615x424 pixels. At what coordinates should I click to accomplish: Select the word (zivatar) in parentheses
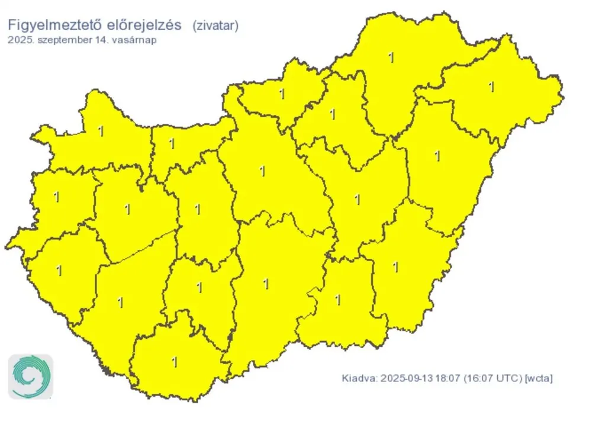point(215,25)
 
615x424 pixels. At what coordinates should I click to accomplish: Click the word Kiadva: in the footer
point(359,378)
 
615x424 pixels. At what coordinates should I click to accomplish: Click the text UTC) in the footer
point(510,378)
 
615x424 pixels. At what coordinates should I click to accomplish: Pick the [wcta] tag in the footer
point(539,378)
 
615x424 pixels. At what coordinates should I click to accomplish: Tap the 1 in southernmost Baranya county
point(175,362)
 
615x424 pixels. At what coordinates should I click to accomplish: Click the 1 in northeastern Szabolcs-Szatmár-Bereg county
point(491,87)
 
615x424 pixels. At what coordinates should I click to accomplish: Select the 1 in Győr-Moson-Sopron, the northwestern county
point(101,131)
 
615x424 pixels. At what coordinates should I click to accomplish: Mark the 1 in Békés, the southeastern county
point(395,268)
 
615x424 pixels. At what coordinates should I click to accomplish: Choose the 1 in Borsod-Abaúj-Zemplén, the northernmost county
point(391,57)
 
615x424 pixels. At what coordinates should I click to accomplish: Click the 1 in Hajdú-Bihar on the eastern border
point(437,156)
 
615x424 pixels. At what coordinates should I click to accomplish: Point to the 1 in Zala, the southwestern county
point(59,271)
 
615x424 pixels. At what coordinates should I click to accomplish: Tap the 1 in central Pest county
point(262,172)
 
